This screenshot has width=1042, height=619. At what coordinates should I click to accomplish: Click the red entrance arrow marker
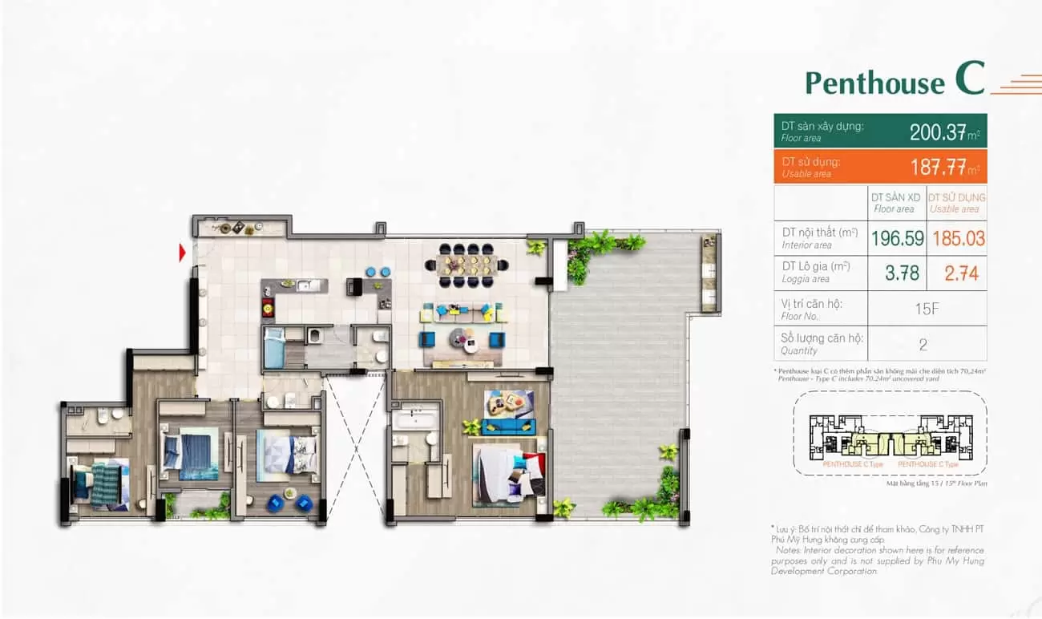183,253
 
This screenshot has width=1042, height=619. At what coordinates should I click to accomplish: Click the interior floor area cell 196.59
898,238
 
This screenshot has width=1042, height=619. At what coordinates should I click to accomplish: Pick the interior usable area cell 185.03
958,238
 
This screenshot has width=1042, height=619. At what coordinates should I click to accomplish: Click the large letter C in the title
969,79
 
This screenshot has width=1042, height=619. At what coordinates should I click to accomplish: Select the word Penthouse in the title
874,83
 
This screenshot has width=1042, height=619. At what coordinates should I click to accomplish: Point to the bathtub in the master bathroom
414,418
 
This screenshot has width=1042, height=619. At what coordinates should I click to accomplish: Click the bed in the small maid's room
274,349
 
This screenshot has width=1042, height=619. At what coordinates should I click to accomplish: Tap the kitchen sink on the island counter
304,285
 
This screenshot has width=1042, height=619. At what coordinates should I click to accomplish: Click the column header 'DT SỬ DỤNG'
957,202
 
